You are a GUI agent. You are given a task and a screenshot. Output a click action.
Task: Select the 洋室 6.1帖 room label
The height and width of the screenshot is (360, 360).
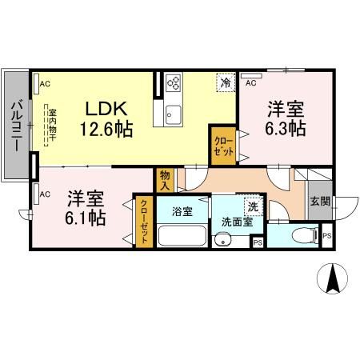(86, 206)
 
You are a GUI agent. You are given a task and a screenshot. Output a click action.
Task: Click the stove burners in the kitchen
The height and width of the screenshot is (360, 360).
(174, 83)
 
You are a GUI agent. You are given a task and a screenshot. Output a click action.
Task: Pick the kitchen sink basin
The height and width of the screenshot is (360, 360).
(174, 115)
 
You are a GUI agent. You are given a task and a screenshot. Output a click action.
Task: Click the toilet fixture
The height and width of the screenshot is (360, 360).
(301, 235)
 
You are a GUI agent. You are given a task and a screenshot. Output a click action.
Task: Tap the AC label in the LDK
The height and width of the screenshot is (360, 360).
(45, 82)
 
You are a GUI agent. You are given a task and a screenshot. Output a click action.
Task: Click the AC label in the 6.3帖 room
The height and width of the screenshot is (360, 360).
(250, 82)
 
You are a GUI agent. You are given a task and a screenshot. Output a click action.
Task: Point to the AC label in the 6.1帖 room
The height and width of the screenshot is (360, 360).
(45, 193)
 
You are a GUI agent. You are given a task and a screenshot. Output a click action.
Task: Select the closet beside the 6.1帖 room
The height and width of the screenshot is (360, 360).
(144, 222)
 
